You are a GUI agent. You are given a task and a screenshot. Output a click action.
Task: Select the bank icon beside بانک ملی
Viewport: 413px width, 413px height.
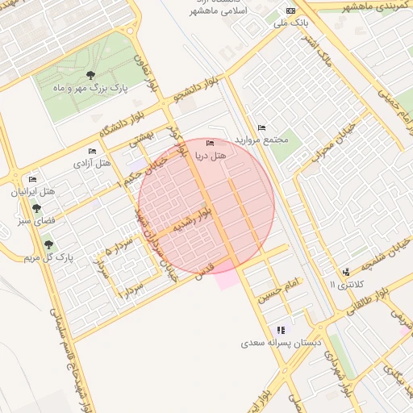coord(291,10)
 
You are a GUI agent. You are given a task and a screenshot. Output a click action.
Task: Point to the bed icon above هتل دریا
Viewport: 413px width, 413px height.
coord(211,144)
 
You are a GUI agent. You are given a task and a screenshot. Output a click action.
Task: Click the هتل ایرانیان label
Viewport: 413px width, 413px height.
coord(32,192)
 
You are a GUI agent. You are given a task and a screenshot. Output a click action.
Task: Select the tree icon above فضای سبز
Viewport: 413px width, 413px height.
coord(35,208)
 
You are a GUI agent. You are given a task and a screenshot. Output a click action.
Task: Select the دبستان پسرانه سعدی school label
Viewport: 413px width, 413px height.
coord(281,343)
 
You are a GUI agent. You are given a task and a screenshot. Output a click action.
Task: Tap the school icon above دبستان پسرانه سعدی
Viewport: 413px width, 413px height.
coord(281,330)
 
